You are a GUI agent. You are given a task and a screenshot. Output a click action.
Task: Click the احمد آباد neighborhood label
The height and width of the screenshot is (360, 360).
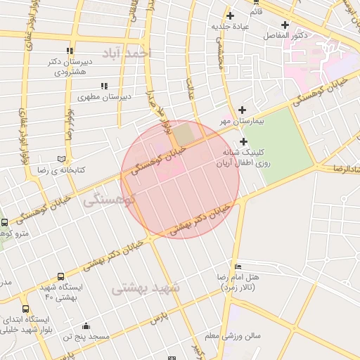126,53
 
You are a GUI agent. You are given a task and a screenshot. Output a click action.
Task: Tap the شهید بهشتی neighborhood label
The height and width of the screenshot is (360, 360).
146,287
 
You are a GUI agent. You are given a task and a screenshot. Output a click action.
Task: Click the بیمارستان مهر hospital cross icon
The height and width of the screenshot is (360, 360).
243,110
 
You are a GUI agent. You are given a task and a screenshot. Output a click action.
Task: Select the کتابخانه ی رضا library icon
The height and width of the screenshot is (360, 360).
63,159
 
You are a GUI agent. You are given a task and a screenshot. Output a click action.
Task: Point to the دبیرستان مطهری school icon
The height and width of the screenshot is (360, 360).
104,86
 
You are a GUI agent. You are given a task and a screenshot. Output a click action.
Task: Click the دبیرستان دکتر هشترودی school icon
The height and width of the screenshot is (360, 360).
69,51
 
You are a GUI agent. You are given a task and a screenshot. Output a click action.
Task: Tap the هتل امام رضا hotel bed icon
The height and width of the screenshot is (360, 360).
238,267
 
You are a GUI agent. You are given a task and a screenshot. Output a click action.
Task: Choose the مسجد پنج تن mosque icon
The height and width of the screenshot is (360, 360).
86,326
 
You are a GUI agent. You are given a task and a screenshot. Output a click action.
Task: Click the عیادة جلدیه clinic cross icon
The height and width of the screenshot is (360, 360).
230,15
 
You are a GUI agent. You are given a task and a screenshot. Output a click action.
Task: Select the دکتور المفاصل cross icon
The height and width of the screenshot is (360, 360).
285,25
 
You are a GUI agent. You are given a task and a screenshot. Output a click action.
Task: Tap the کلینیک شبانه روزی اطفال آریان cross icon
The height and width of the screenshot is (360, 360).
243,143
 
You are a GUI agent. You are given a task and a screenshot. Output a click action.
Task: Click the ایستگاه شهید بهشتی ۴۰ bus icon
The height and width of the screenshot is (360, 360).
61,276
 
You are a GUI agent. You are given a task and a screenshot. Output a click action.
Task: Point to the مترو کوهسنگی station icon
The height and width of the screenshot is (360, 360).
5,223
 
